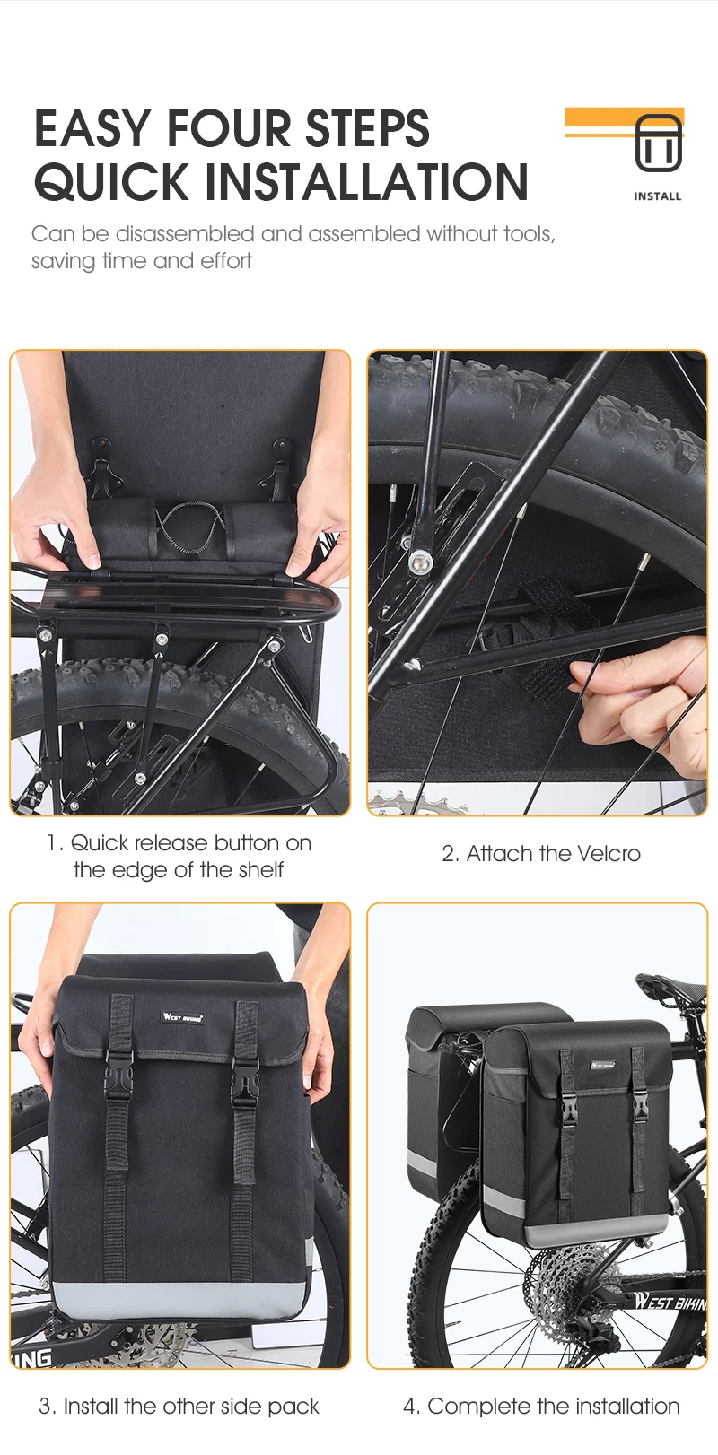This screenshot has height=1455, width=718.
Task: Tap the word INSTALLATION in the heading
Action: (366, 182)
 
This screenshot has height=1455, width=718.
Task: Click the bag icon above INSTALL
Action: (658, 144)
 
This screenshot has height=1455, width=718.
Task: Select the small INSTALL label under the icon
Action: (658, 196)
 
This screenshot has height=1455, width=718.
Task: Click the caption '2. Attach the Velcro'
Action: (541, 853)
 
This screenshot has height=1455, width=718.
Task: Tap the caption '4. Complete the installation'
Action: (541, 1407)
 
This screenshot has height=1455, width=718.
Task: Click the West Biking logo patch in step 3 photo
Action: (182, 1016)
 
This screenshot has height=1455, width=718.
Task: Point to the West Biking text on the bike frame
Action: (670, 1301)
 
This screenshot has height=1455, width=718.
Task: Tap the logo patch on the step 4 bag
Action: (602, 1066)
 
